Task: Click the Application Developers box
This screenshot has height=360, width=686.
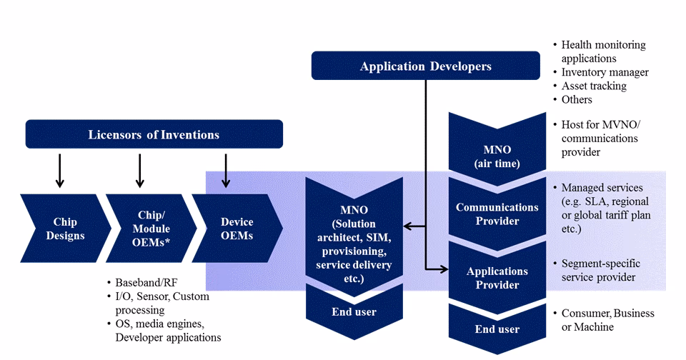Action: click(x=425, y=66)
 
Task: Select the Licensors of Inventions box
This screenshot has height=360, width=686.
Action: click(x=154, y=134)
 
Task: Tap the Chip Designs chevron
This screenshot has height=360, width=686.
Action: click(x=68, y=229)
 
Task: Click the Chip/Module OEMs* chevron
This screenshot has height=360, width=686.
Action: click(x=151, y=229)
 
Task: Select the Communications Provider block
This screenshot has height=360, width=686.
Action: click(x=497, y=214)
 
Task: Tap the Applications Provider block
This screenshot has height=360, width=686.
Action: click(x=497, y=278)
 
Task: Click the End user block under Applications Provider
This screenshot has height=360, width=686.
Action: click(x=497, y=329)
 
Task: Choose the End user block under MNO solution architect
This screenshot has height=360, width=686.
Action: click(x=354, y=311)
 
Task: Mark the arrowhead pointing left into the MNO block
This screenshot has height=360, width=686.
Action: click(x=407, y=226)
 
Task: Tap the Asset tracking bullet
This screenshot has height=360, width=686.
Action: click(x=593, y=86)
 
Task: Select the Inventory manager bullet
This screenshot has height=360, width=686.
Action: click(x=605, y=72)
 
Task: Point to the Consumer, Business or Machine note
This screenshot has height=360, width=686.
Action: click(x=607, y=320)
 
